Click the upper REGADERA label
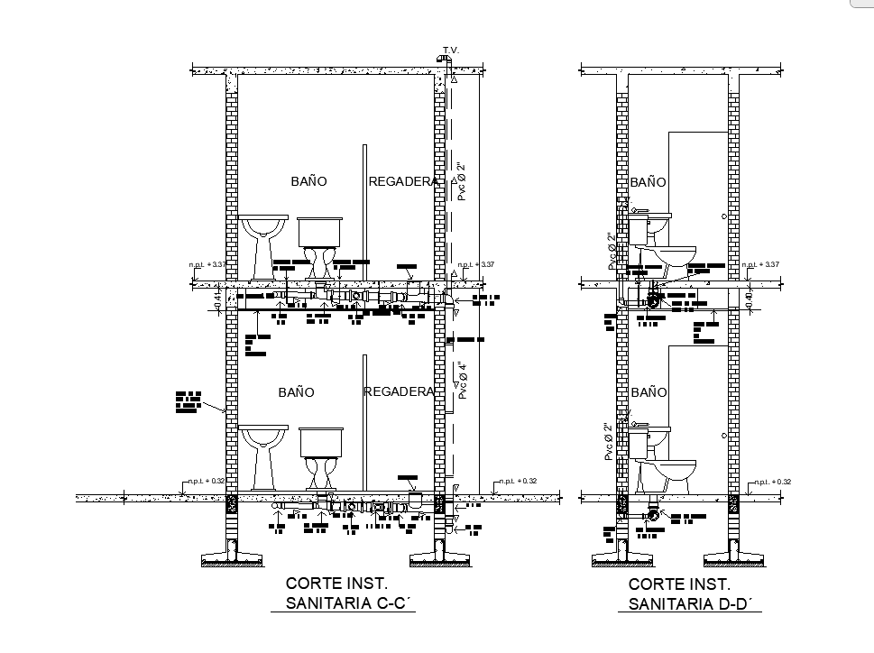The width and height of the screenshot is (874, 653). pos(403,181)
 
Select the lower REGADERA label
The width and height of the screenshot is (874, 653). pos(400,391)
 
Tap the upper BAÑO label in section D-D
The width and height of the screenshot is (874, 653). pos(648,181)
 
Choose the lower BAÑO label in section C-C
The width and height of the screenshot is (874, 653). pos(296,392)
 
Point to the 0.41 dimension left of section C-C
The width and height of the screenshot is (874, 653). pos(217,299)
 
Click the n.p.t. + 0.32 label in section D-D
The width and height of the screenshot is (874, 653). pos(773,482)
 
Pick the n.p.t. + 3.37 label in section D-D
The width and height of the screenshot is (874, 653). pos(760,264)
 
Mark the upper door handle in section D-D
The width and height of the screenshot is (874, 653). pos(723,216)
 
